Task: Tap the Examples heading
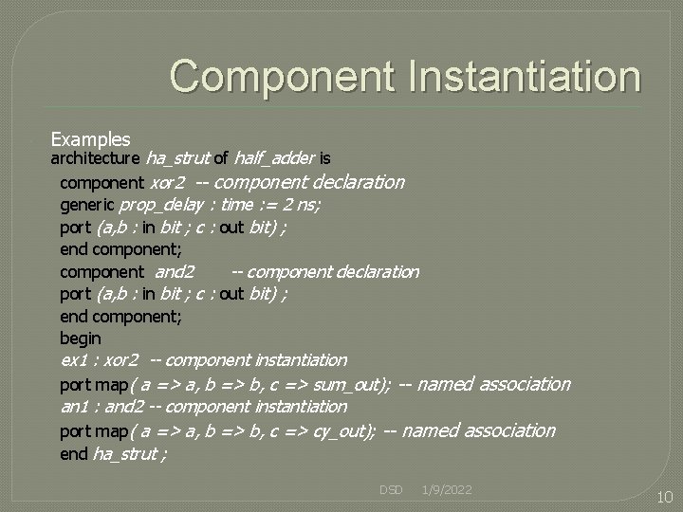90,139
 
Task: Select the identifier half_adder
274,158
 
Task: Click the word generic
87,204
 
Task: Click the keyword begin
80,338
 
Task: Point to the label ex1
74,360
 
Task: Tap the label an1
74,407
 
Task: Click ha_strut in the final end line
125,454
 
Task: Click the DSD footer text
391,489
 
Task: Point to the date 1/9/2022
448,489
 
